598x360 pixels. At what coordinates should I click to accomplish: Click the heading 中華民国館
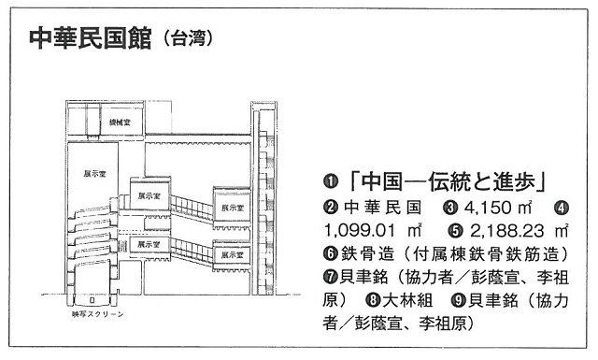point(91,38)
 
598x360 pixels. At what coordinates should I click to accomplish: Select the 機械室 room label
point(120,122)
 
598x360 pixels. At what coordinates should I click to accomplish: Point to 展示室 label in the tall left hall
point(94,174)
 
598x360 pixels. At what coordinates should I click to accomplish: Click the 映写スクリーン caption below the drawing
point(97,314)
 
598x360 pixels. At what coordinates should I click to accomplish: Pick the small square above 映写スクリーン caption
point(92,300)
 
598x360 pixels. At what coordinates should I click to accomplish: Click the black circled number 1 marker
point(330,182)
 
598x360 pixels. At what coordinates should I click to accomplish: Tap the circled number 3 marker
point(450,209)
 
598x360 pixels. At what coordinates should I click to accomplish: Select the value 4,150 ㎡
point(498,209)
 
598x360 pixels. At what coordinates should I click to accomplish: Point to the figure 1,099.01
point(361,231)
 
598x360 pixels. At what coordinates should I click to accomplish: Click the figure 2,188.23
point(506,231)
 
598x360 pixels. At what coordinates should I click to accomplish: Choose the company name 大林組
point(407,300)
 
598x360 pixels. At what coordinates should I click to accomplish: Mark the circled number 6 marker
point(330,254)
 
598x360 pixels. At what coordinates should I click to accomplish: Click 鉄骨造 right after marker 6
point(367,254)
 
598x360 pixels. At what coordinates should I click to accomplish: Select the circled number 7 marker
point(330,277)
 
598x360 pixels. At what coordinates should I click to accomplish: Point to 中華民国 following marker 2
point(382,209)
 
